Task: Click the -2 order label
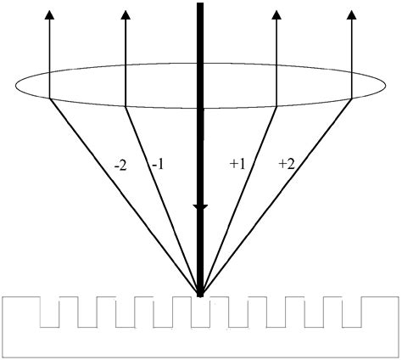click(120, 166)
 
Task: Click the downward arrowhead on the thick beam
click(200, 207)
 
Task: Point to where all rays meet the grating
click(200, 295)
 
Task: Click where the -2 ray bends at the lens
click(49, 98)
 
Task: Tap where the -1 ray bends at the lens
click(125, 106)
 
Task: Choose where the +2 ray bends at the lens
click(352, 98)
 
